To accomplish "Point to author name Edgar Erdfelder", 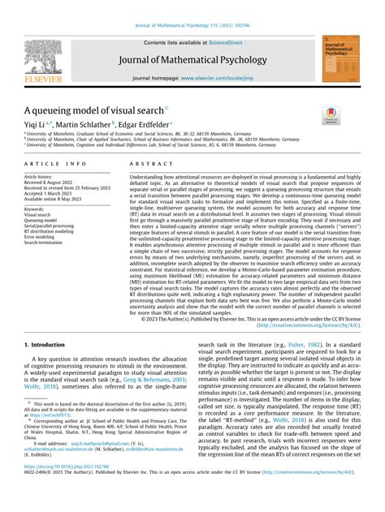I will [149, 124].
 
